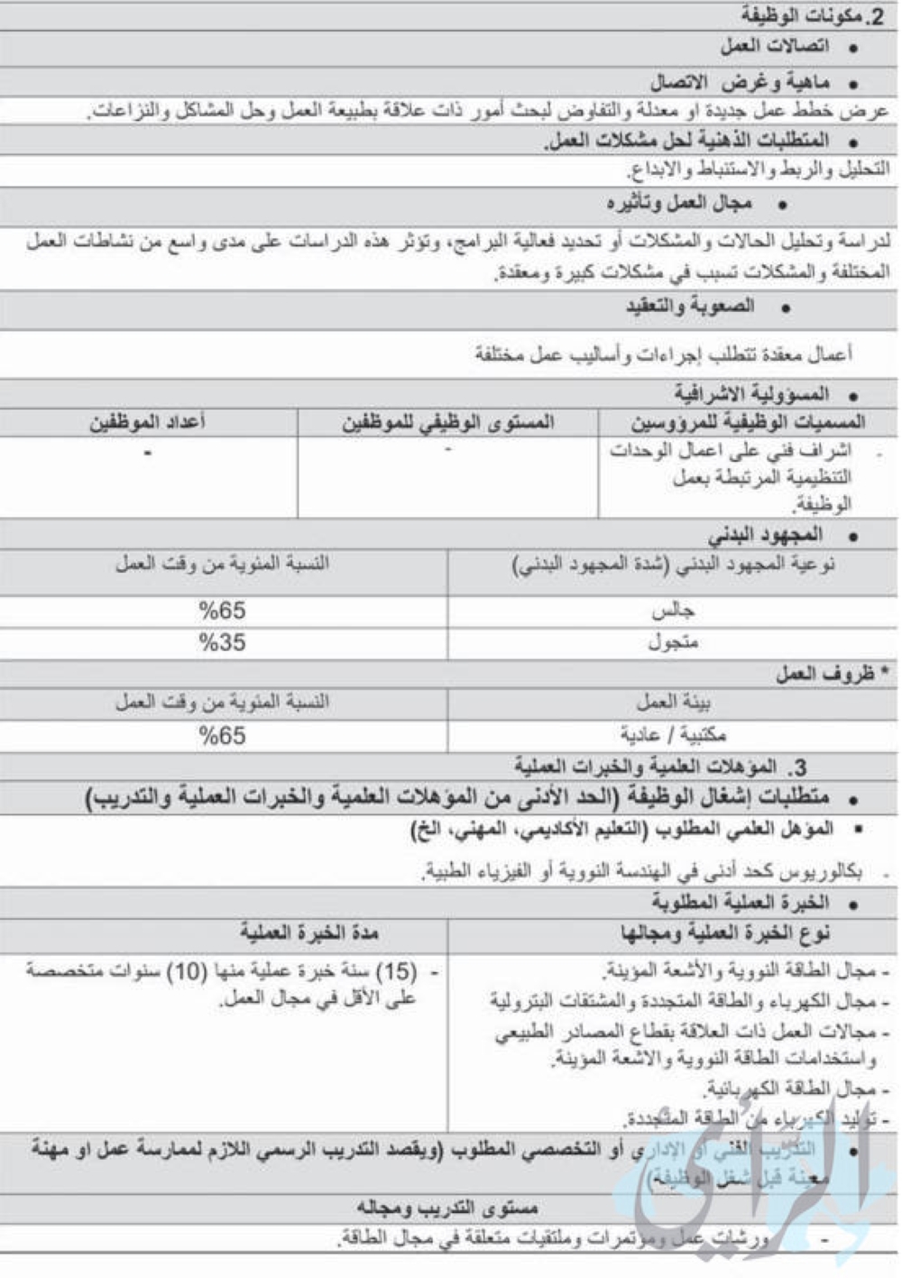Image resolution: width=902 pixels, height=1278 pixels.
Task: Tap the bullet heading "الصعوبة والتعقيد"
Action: coord(690,307)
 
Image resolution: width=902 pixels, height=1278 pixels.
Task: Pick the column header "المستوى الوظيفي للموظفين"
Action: coord(447,423)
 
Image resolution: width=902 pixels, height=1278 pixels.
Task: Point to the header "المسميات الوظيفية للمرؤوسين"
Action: coord(748,422)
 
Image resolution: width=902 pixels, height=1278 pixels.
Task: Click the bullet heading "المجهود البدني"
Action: coord(765,535)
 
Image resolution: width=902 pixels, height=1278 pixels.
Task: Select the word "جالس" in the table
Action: coord(673,611)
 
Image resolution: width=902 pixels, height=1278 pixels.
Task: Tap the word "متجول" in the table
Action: coord(673,643)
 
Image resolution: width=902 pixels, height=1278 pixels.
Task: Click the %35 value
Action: coord(222,643)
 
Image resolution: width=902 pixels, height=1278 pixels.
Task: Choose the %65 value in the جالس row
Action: coord(222,611)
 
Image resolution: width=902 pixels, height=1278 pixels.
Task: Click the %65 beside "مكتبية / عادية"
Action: coord(222,736)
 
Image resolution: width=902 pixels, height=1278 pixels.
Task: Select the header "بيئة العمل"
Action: coord(673,703)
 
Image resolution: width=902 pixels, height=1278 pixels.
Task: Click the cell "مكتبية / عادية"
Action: coord(673,736)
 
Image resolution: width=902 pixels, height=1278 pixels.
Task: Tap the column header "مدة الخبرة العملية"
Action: coord(308,933)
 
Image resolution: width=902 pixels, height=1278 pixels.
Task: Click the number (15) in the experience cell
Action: coord(397,971)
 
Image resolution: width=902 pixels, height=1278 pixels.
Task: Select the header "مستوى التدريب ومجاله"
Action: coord(447,1208)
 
